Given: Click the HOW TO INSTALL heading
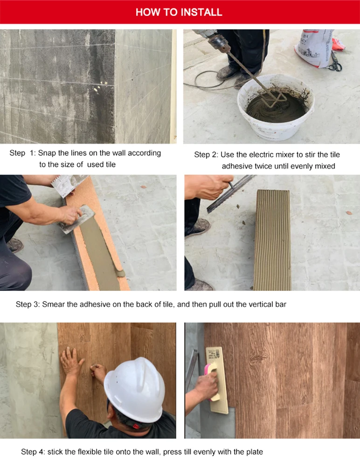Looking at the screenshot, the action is click(179, 12).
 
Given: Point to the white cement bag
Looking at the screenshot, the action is click(314, 48).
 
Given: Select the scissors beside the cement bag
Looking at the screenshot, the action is click(336, 62).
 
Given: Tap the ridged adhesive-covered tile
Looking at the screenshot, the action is click(272, 240).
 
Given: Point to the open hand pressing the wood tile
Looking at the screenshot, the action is click(71, 362).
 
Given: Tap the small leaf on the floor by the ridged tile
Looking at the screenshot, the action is click(349, 213).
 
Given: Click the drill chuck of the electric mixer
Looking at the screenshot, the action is click(221, 41).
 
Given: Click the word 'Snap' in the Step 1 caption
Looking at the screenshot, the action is click(47, 153).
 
